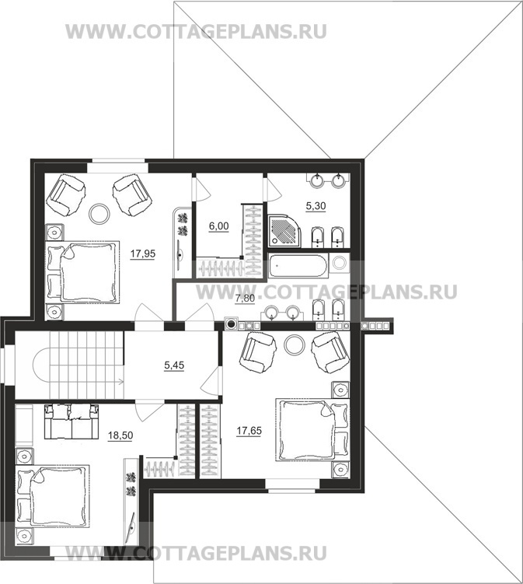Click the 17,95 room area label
pyautogui.click(x=142, y=254)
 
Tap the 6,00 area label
pyautogui.click(x=219, y=226)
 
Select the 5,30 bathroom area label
pyautogui.click(x=316, y=206)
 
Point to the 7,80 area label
pyautogui.click(x=245, y=299)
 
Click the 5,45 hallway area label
pyautogui.click(x=174, y=365)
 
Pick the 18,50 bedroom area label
pyautogui.click(x=120, y=435)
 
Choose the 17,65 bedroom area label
pyautogui.click(x=249, y=431)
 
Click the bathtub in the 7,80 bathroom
pyautogui.click(x=298, y=265)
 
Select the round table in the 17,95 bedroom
pyautogui.click(x=99, y=213)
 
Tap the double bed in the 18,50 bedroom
pyautogui.click(x=53, y=496)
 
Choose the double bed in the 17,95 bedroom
pyautogui.click(x=82, y=273)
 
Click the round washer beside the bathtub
pyautogui.click(x=340, y=263)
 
